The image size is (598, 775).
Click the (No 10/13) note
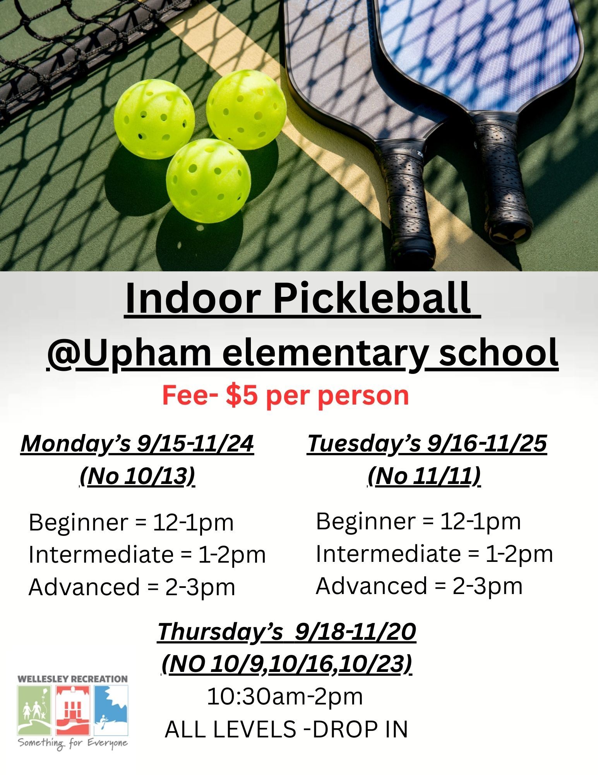(x=137, y=476)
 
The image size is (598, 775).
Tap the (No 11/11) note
(x=424, y=476)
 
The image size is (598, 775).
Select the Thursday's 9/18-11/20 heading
(x=286, y=632)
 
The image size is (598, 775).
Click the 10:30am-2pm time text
(x=285, y=696)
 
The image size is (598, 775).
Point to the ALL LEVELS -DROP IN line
(x=286, y=729)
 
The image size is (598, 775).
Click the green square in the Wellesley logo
(x=34, y=710)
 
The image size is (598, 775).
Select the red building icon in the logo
(x=72, y=710)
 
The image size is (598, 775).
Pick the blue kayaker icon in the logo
(x=111, y=710)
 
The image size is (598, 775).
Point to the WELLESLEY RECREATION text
(x=73, y=679)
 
